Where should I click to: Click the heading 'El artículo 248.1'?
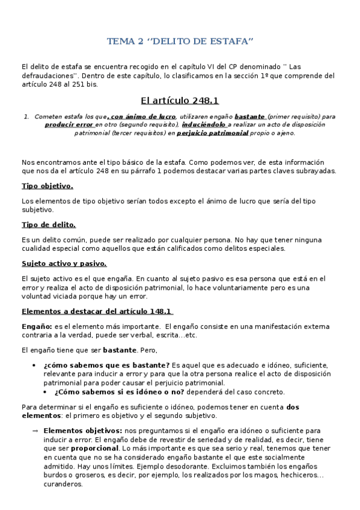pyautogui.click(x=180, y=100)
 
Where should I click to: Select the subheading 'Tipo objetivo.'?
pyautogui.click(x=47, y=186)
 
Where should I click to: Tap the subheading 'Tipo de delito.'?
pyautogui.click(x=49, y=224)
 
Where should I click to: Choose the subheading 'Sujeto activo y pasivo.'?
pyautogui.click(x=64, y=263)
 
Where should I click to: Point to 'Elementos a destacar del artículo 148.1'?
pyautogui.click(x=97, y=312)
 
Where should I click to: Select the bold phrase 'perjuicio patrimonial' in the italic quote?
pyautogui.click(x=213, y=133)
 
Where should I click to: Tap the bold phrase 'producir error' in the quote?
pyautogui.click(x=69, y=124)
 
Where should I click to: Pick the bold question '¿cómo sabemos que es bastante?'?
pyautogui.click(x=106, y=365)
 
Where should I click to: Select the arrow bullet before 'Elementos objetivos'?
pyautogui.click(x=35, y=431)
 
